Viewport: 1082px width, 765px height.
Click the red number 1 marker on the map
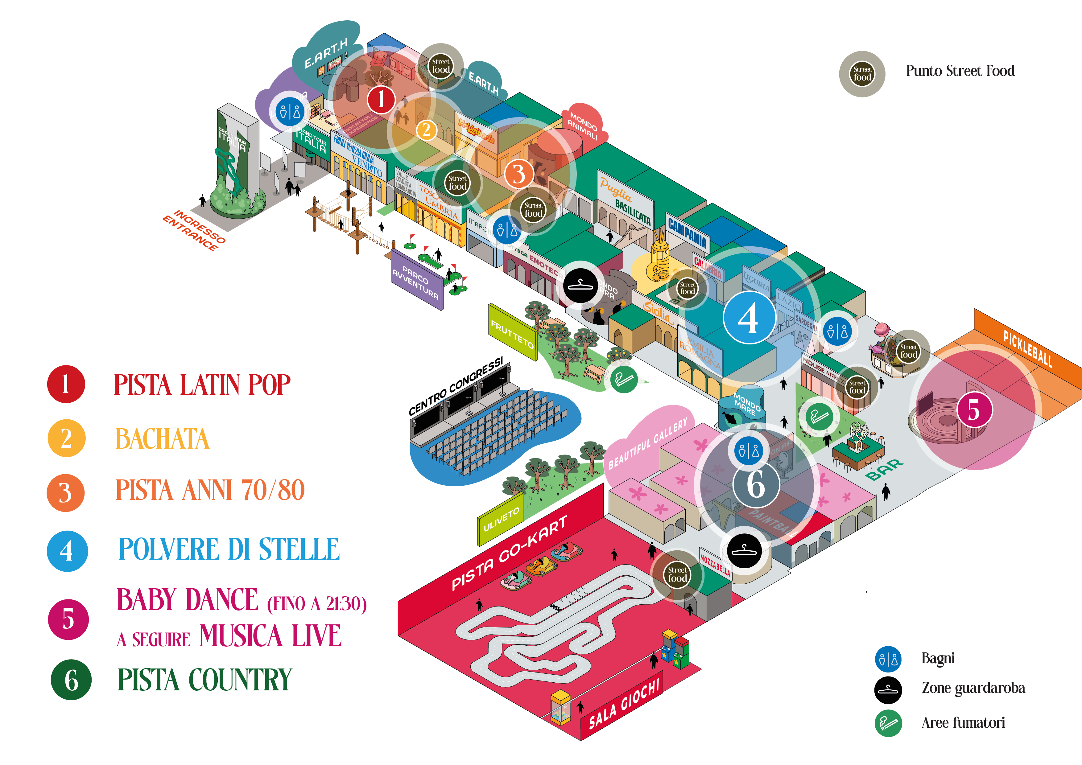click(x=381, y=99)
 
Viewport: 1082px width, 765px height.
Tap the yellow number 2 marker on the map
click(x=427, y=130)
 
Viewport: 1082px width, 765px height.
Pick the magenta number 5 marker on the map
click(x=974, y=409)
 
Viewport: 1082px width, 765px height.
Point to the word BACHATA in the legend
click(x=163, y=439)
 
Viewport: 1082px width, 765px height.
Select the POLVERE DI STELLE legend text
click(x=229, y=549)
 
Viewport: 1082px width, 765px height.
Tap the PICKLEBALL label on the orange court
click(x=1027, y=349)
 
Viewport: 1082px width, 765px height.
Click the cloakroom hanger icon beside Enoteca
click(x=580, y=286)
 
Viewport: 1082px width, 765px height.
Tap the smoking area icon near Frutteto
click(x=624, y=379)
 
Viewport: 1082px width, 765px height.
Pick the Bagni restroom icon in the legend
click(x=888, y=659)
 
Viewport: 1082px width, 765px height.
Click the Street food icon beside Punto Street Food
click(x=862, y=74)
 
